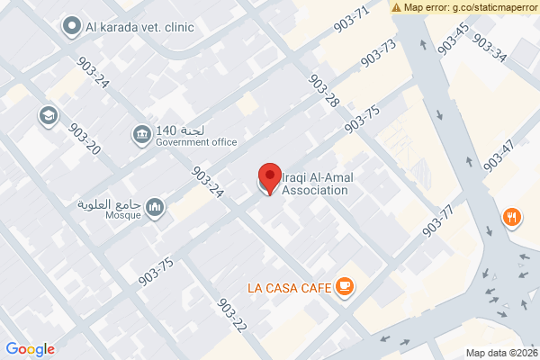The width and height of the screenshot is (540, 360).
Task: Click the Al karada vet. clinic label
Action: pyautogui.click(x=140, y=27)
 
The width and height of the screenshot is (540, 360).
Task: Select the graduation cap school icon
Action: pyautogui.click(x=47, y=116)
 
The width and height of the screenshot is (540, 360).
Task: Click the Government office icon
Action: pyautogui.click(x=142, y=135)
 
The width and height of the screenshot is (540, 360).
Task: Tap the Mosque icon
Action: pyautogui.click(x=156, y=209)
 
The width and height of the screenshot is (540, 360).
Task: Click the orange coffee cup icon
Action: pyautogui.click(x=345, y=287)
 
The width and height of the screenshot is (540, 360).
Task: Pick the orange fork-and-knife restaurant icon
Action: pyautogui.click(x=511, y=217)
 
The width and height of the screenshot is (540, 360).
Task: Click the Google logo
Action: pyautogui.click(x=31, y=349)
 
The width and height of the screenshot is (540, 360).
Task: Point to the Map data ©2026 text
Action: pyautogui.click(x=500, y=351)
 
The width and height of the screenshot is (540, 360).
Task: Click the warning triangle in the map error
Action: pyautogui.click(x=397, y=7)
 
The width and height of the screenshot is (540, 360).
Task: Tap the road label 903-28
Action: pyautogui.click(x=323, y=91)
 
